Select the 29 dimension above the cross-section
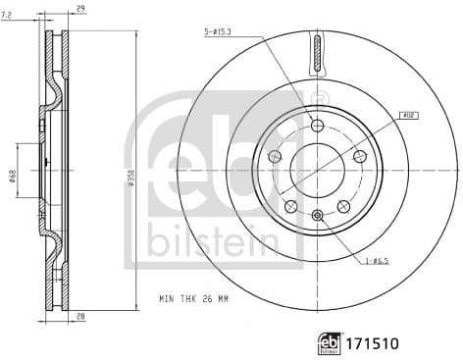79,8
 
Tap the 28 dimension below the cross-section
79,317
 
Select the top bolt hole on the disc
316,125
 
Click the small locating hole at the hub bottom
316,214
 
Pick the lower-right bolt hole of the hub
343,206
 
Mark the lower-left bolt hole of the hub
289,206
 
